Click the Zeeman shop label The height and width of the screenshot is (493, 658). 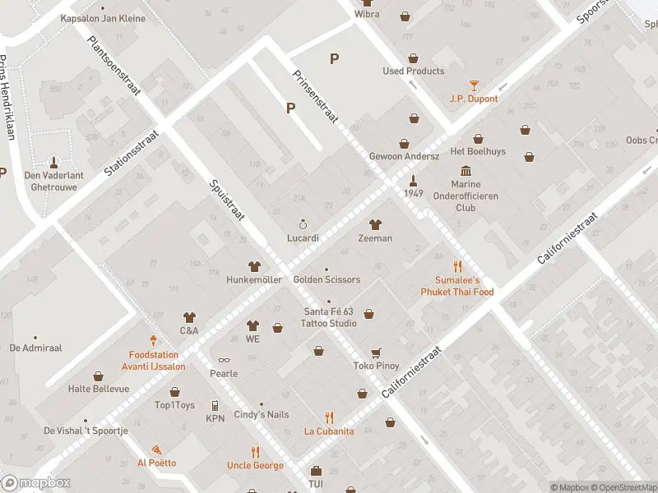tap(375, 238)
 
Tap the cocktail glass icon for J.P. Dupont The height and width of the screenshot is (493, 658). tap(474, 85)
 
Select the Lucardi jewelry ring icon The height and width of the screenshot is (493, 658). tap(303, 224)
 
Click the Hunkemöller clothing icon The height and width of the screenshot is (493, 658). tap(254, 266)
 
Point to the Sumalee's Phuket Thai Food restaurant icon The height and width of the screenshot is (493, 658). tap(458, 266)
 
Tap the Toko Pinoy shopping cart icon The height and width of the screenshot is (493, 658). tap(376, 352)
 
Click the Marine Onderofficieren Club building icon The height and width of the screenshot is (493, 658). tap(466, 170)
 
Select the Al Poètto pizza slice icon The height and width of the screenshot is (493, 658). tap(155, 450)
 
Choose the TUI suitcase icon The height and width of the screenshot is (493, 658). tap(316, 472)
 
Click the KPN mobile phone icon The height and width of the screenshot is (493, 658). tap(215, 405)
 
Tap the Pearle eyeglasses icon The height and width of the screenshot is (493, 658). tap(223, 360)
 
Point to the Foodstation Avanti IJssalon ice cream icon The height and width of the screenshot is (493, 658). tap(153, 340)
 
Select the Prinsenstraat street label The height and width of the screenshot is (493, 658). tap(316, 96)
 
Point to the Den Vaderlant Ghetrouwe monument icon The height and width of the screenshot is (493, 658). tap(54, 161)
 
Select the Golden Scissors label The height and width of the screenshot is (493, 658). tap(327, 279)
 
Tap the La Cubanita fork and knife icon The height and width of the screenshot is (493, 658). tap(329, 417)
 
